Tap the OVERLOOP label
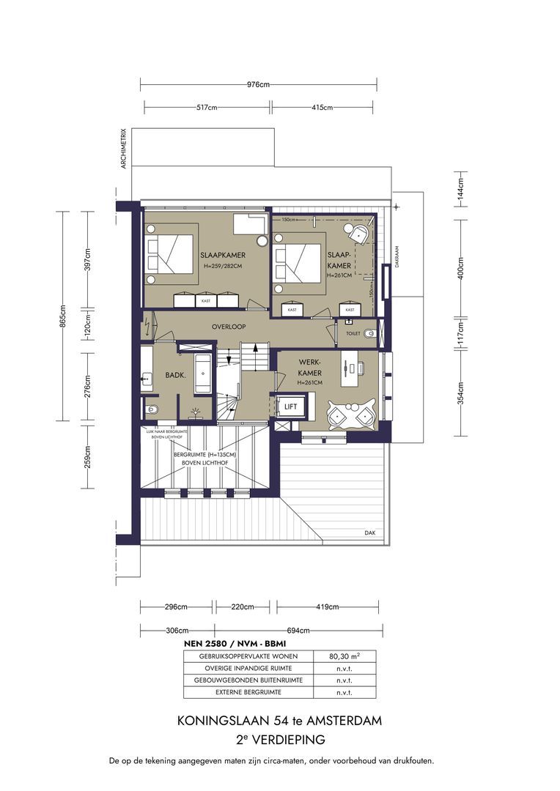pyautogui.click(x=228, y=327)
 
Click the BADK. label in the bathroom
pyautogui.click(x=175, y=374)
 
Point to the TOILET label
pyautogui.click(x=353, y=333)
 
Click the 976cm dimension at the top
pyautogui.click(x=259, y=85)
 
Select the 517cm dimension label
pyautogui.click(x=207, y=108)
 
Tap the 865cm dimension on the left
pyautogui.click(x=64, y=316)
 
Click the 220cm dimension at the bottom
pyautogui.click(x=243, y=606)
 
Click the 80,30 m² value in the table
pyautogui.click(x=345, y=656)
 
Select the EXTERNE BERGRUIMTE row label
pyautogui.click(x=248, y=692)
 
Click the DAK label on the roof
pyautogui.click(x=370, y=532)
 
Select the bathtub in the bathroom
pyautogui.click(x=203, y=374)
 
